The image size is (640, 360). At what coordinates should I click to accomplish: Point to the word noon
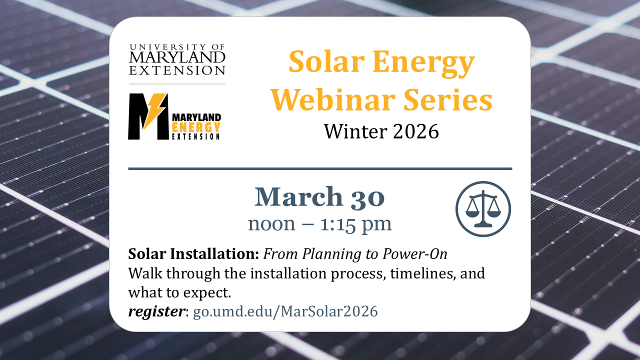point(272,224)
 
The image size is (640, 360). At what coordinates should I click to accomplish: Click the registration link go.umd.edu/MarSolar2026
point(285,311)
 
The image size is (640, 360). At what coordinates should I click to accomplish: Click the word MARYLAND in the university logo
point(177,58)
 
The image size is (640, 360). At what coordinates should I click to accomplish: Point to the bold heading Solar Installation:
point(193,254)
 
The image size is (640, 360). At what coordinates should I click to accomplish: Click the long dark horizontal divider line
point(320,169)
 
